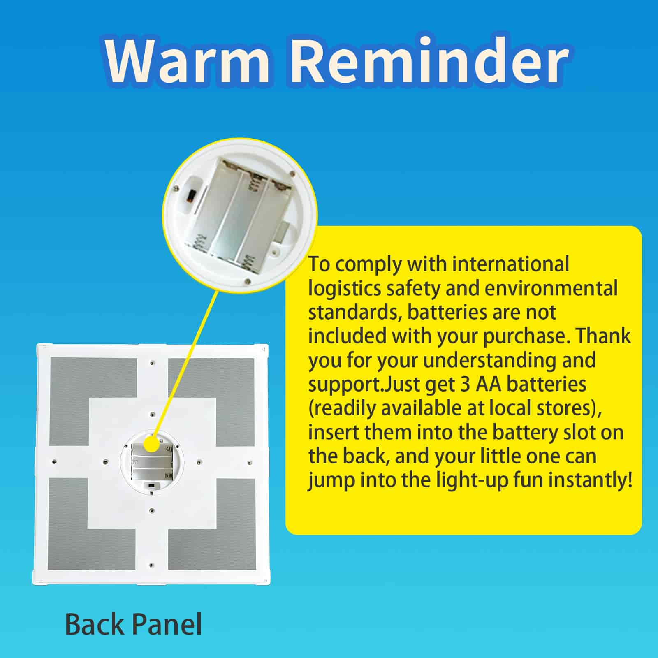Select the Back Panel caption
[x=133, y=624]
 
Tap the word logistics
[x=345, y=289]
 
